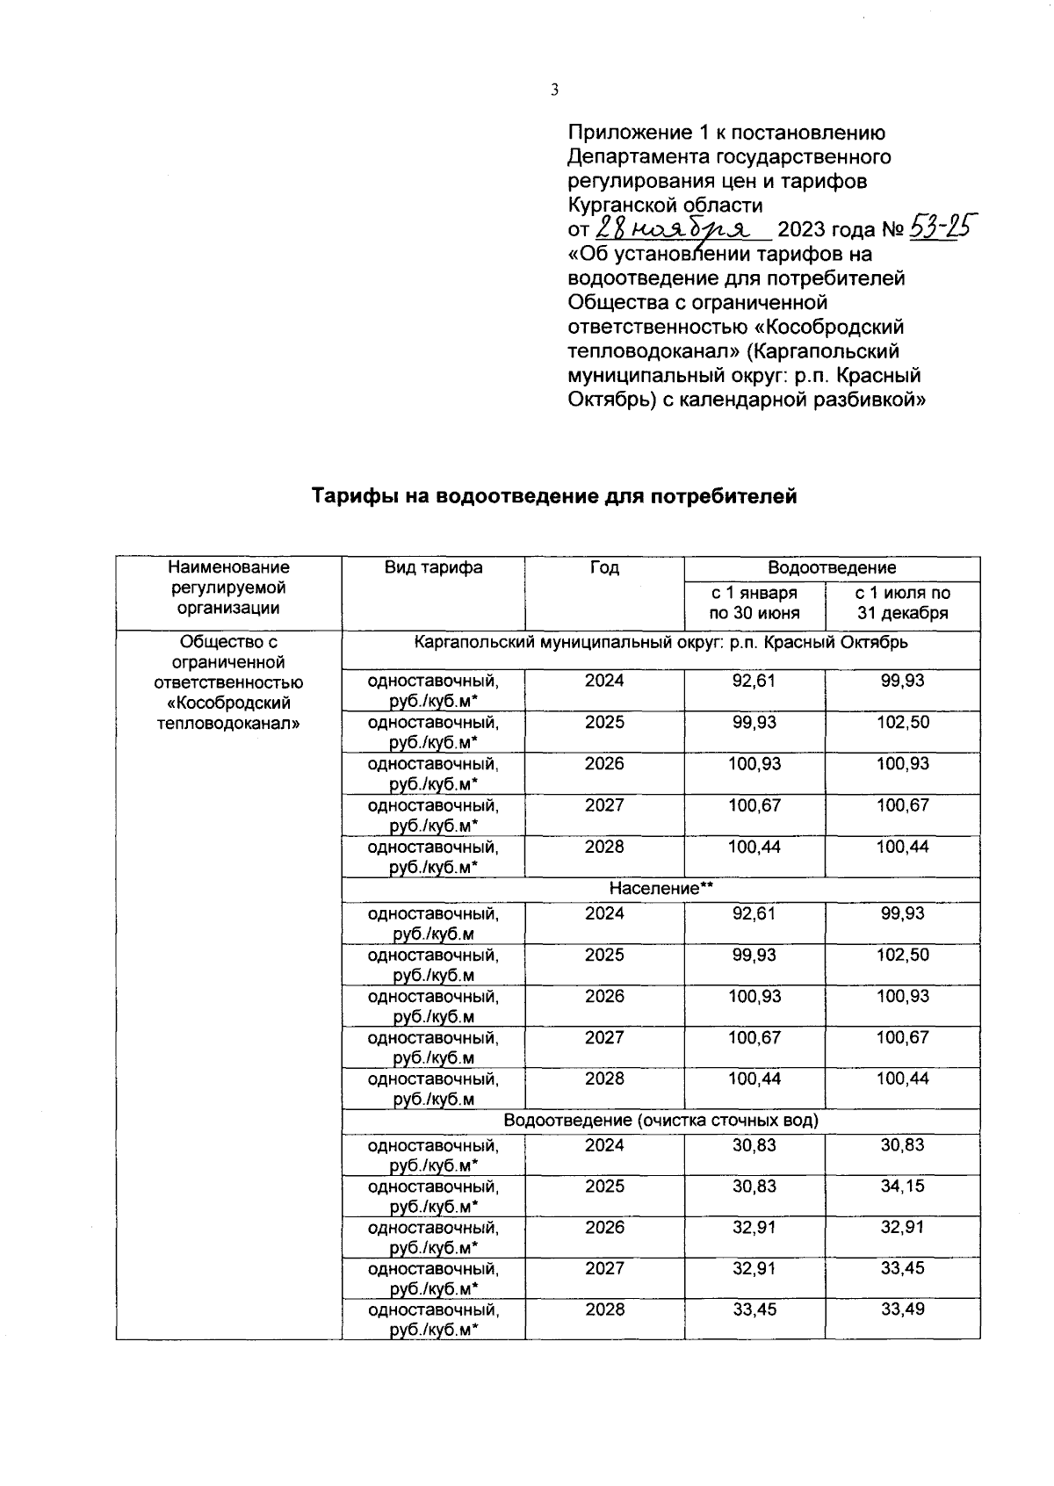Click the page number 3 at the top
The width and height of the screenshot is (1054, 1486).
coord(554,89)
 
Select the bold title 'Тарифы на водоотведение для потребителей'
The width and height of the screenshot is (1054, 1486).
coord(554,497)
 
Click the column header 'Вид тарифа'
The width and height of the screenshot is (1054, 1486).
coord(433,567)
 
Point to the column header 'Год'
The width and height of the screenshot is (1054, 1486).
coord(604,568)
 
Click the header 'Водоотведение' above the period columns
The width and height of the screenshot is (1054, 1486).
coord(831,568)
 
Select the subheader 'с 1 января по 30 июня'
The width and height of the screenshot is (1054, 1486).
coord(754,603)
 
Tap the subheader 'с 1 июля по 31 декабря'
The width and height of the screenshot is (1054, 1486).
coord(902,603)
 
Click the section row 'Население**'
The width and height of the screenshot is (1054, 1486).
coord(661,889)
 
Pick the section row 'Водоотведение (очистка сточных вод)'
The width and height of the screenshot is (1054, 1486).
coord(661,1121)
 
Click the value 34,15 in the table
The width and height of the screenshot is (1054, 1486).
coord(902,1187)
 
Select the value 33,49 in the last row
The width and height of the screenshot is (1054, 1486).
coord(902,1309)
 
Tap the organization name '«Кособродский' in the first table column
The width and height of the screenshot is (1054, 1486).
coord(228,703)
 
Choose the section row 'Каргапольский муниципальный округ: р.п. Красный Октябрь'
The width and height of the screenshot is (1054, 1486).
coord(661,642)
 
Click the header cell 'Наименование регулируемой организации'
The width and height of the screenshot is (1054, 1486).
coord(228,588)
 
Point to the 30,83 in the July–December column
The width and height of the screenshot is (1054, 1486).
coord(902,1145)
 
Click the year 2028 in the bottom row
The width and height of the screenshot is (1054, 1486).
coord(604,1309)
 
